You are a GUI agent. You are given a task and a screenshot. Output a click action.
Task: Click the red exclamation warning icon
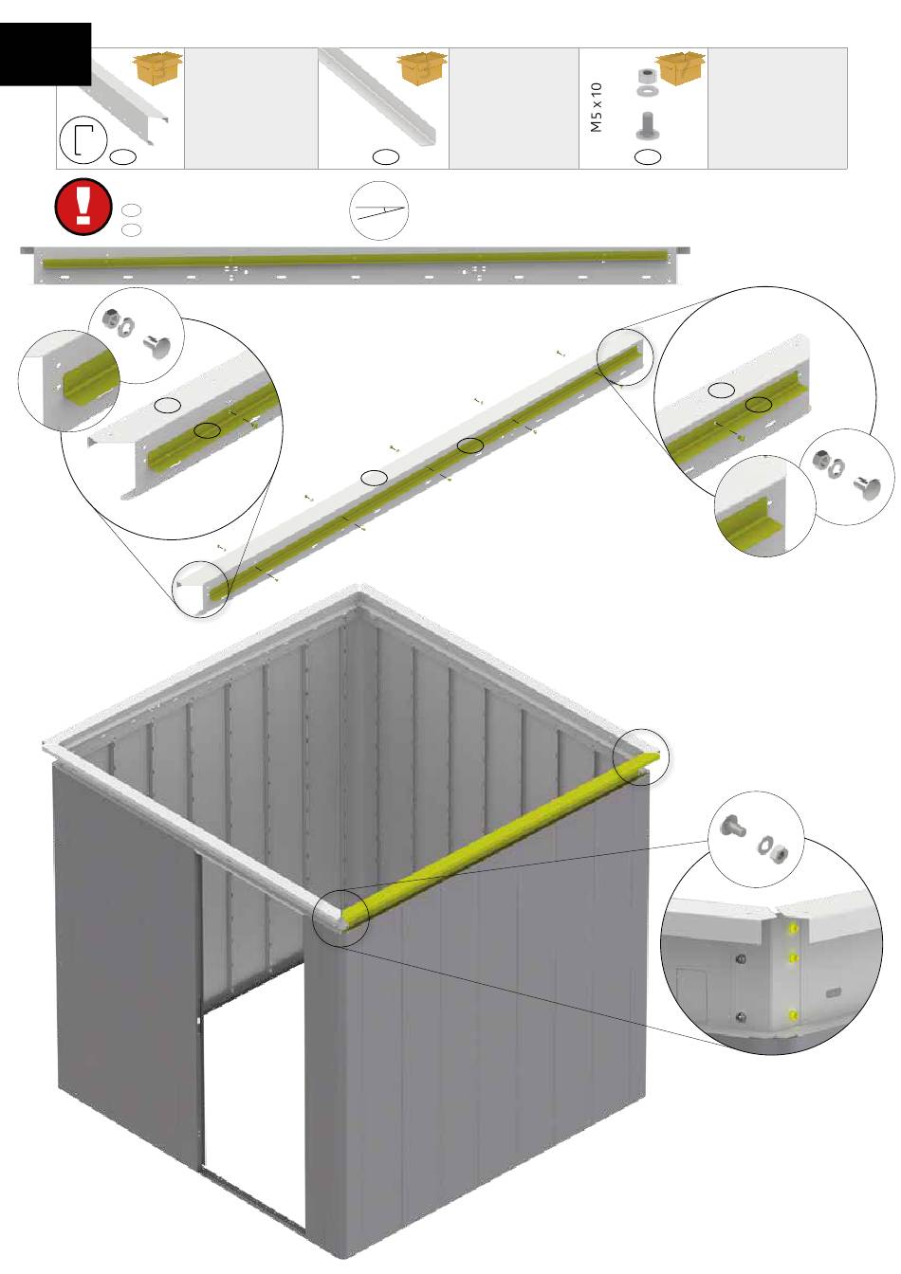[83, 207]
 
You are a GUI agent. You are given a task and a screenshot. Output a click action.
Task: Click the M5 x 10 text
[596, 107]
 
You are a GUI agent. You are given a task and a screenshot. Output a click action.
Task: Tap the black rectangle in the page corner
[46, 54]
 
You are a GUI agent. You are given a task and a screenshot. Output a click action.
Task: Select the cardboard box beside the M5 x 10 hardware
[680, 69]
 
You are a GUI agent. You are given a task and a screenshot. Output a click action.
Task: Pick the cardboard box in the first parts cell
[157, 69]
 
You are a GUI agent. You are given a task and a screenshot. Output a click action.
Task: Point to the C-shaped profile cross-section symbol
[83, 140]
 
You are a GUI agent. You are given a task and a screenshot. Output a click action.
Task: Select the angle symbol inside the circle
[378, 211]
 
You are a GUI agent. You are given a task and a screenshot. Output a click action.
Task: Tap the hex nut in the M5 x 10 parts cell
[647, 76]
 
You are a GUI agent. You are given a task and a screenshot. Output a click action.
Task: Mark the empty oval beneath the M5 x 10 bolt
[648, 157]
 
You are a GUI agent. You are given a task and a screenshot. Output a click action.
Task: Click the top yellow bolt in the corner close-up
[793, 929]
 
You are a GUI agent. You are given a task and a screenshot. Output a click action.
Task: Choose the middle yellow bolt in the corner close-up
[793, 959]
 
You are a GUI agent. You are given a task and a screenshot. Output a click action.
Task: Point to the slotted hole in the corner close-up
[835, 993]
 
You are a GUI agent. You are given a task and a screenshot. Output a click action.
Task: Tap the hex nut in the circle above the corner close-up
[780, 852]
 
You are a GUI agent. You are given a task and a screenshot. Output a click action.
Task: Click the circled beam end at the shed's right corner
[641, 757]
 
